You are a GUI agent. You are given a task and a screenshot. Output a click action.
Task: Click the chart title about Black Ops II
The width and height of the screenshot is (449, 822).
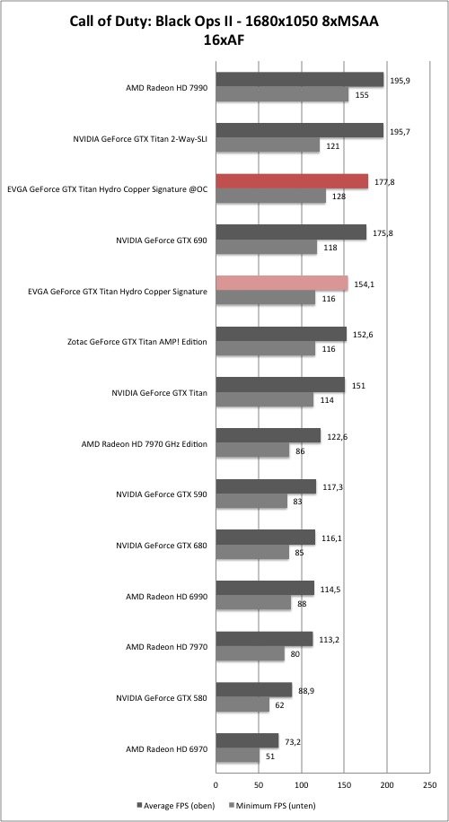224,31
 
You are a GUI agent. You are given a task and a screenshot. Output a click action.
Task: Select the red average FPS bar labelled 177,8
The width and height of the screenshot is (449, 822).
292,181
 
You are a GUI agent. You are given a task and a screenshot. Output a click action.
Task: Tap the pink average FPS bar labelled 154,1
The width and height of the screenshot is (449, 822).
282,284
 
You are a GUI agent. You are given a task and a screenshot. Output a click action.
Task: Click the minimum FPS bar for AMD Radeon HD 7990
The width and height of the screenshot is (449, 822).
282,94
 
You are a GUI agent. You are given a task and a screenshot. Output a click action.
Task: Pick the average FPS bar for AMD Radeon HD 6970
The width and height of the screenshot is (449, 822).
247,740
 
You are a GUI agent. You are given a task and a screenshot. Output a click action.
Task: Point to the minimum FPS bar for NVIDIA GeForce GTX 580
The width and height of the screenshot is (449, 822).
242,704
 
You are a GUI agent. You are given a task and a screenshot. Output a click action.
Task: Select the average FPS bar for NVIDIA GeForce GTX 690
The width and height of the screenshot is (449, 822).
291,232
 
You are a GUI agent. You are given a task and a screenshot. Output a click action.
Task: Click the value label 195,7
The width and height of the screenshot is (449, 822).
401,132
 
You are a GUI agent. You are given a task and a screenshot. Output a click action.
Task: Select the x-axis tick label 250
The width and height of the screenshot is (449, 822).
429,785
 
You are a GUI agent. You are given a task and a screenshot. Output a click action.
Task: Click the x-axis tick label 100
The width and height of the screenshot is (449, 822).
302,785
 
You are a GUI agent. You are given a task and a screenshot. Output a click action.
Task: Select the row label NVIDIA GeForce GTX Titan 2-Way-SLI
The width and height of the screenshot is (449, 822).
140,139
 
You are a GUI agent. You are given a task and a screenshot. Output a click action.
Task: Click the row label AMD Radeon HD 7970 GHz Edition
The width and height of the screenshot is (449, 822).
145,444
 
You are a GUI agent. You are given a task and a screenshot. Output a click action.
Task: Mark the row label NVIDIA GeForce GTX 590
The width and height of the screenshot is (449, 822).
162,494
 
